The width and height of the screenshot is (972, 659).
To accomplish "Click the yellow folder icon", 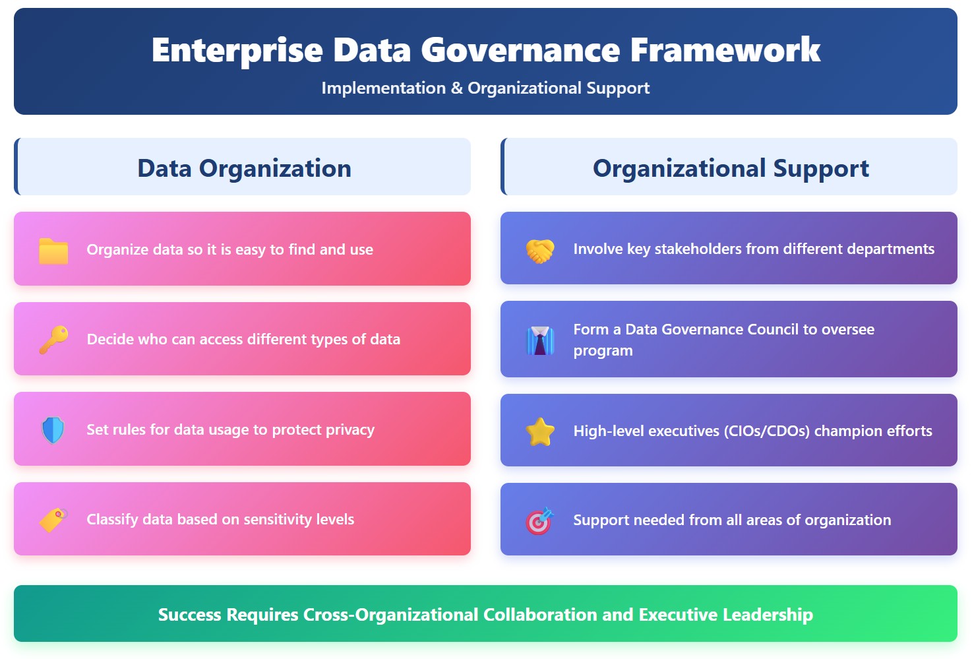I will (53, 251).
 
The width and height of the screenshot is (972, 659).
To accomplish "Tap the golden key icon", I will (53, 340).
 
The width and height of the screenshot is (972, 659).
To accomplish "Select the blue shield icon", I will (53, 430).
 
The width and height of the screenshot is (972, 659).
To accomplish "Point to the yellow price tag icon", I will (53, 520).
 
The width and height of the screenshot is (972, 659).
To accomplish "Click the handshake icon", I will (540, 250).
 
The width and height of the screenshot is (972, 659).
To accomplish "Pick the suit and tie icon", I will (540, 340).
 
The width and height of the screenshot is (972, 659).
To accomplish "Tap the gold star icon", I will (540, 432).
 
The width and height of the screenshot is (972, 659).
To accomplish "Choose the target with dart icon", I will (539, 521).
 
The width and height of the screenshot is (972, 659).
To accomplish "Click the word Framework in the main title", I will (725, 50).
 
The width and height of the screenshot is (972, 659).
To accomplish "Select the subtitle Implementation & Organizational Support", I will (485, 88).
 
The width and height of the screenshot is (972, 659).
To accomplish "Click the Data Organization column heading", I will (244, 168).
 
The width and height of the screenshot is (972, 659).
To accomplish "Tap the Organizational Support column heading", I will (731, 168).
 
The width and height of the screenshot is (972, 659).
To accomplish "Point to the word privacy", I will (349, 430).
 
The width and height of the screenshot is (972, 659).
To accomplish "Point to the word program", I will (603, 351).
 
